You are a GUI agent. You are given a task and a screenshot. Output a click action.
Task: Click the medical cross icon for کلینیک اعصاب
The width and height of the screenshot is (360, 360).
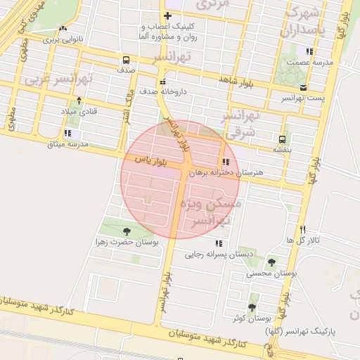coord(167,15)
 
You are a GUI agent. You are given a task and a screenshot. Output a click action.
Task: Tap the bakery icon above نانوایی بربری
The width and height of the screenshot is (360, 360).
coord(64,29)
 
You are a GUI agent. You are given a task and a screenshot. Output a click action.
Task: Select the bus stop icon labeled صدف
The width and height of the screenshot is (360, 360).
coord(125,60)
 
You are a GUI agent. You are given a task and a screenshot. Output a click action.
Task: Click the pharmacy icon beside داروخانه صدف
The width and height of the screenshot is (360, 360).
coord(163,81)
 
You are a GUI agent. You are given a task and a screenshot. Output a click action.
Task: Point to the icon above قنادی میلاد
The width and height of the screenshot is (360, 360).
coord(79,101)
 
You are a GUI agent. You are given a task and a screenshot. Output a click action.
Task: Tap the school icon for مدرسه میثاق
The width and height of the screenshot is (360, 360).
coord(67,133)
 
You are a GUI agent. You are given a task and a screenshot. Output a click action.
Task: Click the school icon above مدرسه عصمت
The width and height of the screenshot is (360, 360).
coord(309,51)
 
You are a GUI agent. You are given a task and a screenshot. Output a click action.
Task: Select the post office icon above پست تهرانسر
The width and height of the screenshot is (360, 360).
coord(303,87)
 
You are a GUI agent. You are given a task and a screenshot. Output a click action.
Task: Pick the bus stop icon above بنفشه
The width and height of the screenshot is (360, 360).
coord(282,139)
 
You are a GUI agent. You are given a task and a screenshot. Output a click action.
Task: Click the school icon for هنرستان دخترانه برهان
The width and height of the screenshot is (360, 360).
coord(225,162)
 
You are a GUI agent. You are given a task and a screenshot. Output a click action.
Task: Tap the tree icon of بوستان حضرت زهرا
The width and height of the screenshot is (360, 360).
coord(127,231)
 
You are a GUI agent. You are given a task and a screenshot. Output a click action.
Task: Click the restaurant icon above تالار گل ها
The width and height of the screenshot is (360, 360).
coord(303,229)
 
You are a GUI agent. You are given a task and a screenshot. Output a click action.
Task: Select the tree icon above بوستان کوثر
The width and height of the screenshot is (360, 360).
coord(252,307)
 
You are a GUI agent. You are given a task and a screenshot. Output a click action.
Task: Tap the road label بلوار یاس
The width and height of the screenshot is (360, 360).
coord(150,161)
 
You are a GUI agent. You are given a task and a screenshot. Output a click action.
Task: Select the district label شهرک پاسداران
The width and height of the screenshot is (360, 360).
coord(304,22)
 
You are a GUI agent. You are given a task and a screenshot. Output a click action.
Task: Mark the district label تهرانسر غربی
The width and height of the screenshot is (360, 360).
coord(51,78)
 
